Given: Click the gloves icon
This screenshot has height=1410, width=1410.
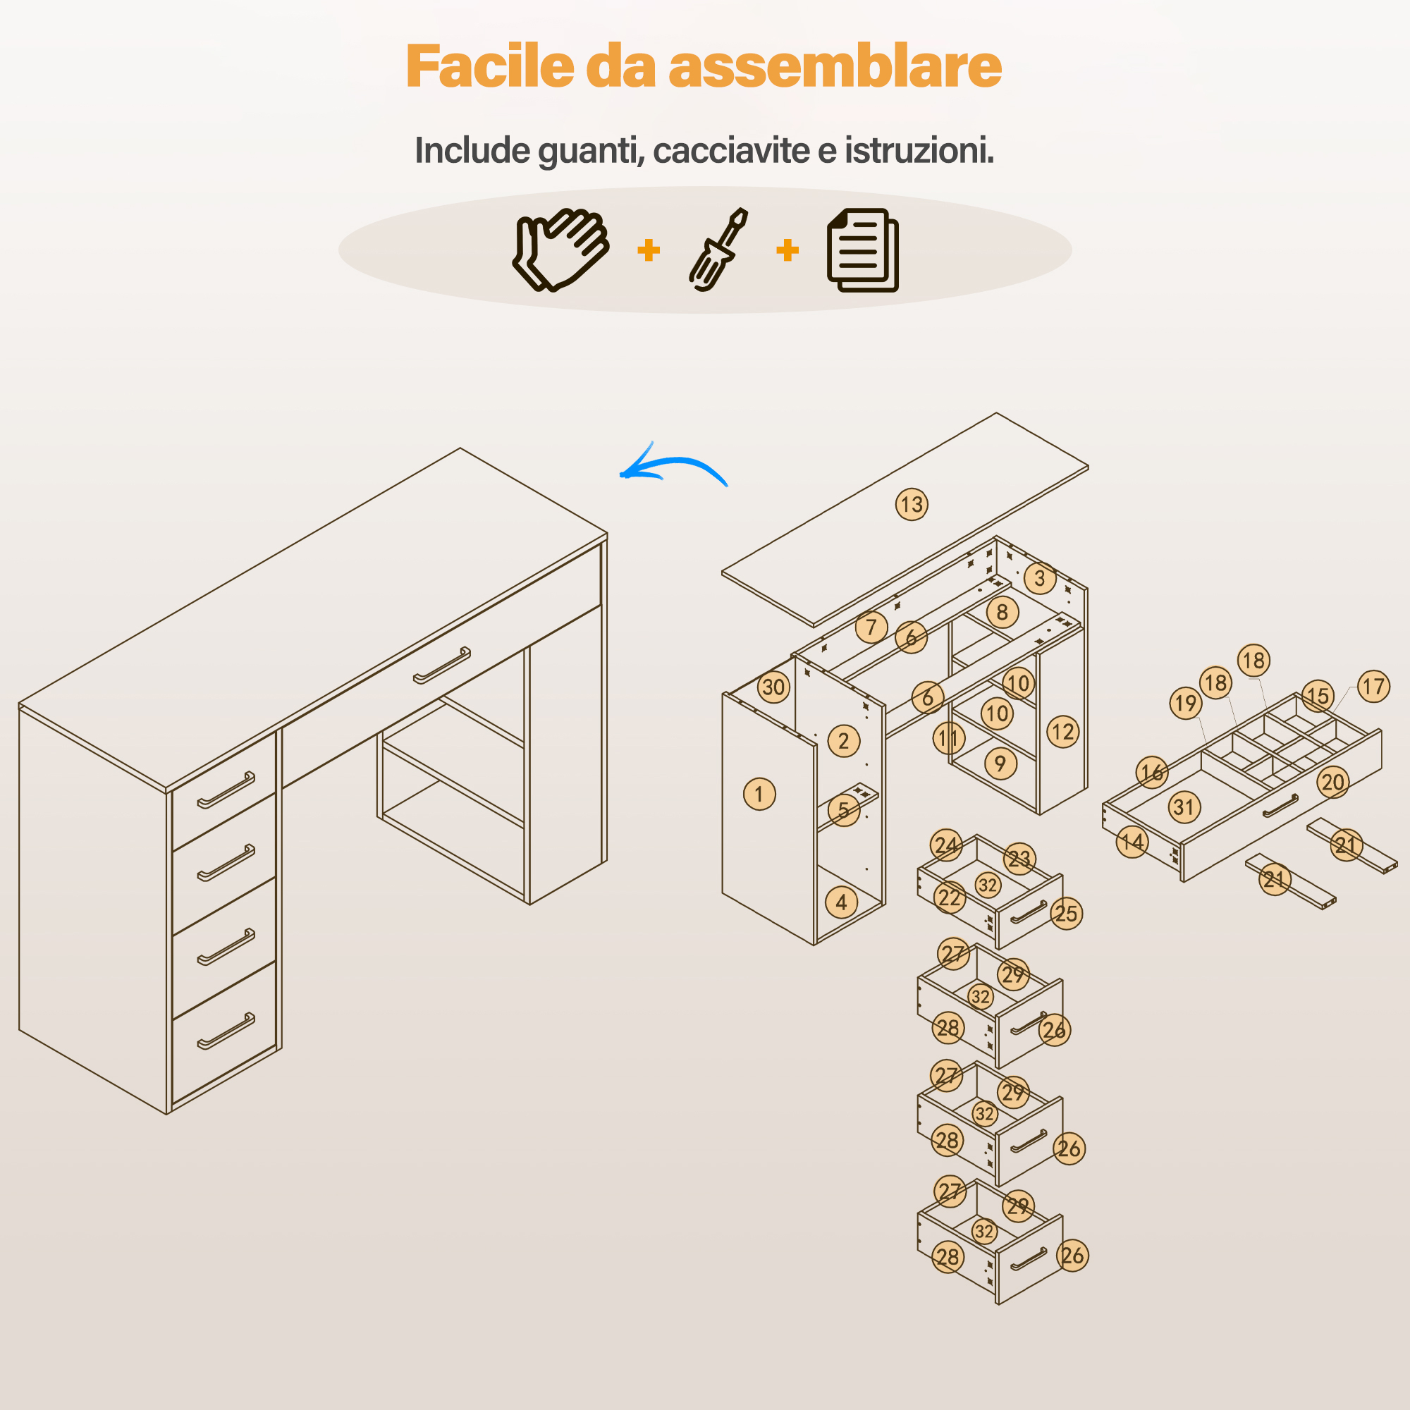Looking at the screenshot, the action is point(560,250).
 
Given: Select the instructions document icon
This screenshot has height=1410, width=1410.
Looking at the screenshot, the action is point(863,250).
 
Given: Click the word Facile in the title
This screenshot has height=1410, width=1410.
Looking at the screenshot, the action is point(490,66).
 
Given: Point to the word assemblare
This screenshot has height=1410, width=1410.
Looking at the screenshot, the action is point(835,66).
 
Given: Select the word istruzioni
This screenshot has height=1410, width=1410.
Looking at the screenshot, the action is point(919,150).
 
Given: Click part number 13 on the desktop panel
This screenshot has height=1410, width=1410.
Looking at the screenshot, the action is point(912,504).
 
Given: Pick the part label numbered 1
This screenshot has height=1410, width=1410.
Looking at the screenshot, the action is point(759,794).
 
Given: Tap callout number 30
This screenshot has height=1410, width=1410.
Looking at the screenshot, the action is point(773,687).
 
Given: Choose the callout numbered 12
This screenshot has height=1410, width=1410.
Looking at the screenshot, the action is point(1062,732).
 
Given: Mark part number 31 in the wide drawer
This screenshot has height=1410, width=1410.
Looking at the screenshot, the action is point(1184,807).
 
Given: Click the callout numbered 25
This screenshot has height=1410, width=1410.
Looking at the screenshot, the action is point(1066,913).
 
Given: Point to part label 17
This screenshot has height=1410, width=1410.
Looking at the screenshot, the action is point(1373,686).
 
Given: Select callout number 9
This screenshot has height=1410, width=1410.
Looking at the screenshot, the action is point(1000,764).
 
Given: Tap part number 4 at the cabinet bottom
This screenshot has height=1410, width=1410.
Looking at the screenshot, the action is point(842,903).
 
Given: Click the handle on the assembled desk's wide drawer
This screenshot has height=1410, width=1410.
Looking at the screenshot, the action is point(442,666).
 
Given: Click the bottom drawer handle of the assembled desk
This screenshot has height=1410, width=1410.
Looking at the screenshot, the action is point(226,1031).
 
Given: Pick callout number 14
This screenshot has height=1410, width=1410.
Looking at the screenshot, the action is point(1132,842).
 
